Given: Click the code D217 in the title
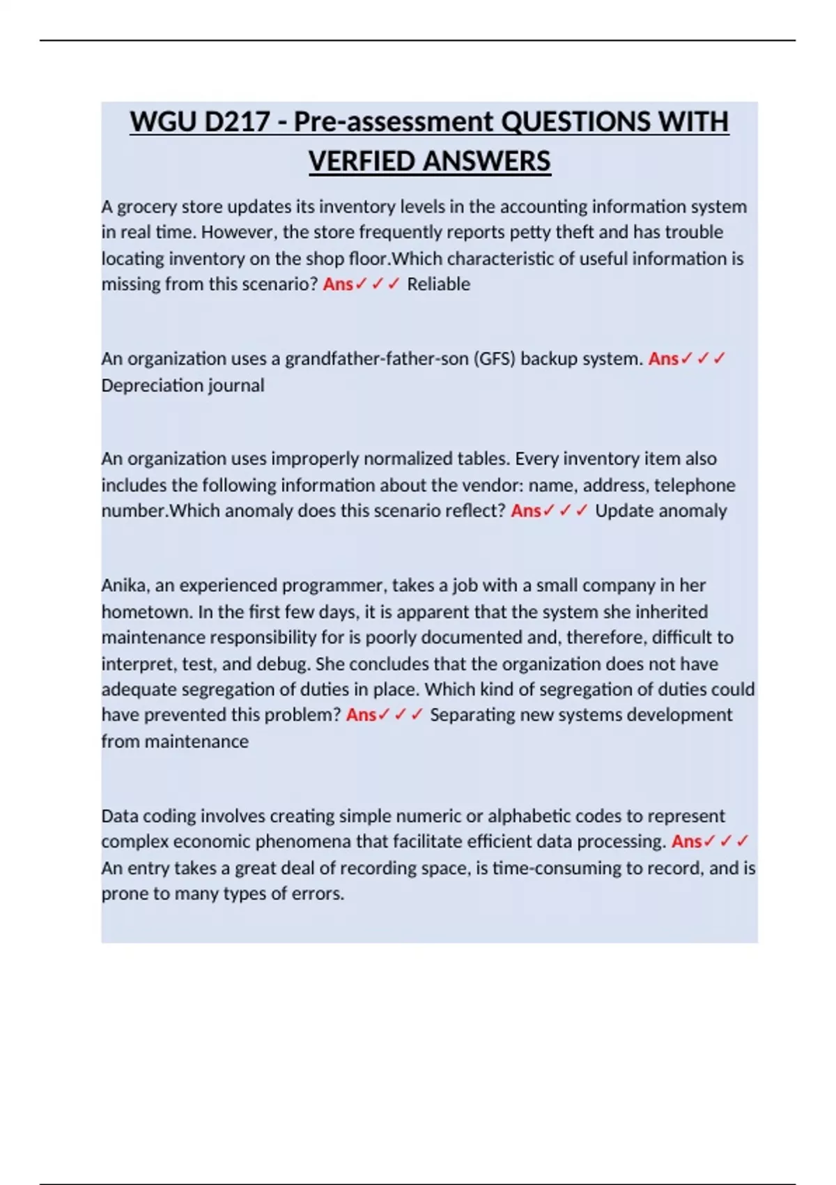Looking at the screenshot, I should coord(236,122).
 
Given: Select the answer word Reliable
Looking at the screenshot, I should coord(438,284).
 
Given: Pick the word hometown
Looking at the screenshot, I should coord(147,612).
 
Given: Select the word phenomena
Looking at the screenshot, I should coord(303,842).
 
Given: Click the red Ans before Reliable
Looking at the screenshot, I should coord(338,284).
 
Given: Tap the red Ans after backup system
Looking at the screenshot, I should coord(663,359).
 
